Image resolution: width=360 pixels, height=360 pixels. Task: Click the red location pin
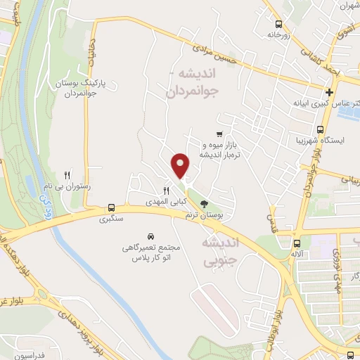coord(181,165)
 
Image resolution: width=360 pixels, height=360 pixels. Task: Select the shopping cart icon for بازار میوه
coord(219,134)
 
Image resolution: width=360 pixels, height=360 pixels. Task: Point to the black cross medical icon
coord(329,92)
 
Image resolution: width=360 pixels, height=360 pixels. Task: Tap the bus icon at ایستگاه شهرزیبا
coord(321,130)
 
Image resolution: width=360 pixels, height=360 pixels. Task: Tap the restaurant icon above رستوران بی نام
coord(68,175)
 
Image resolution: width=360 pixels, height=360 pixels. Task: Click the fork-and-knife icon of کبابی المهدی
coord(167,191)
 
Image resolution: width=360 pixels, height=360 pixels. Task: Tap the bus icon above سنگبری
coord(111,208)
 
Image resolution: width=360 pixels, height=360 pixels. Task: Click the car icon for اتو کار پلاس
coord(152,236)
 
